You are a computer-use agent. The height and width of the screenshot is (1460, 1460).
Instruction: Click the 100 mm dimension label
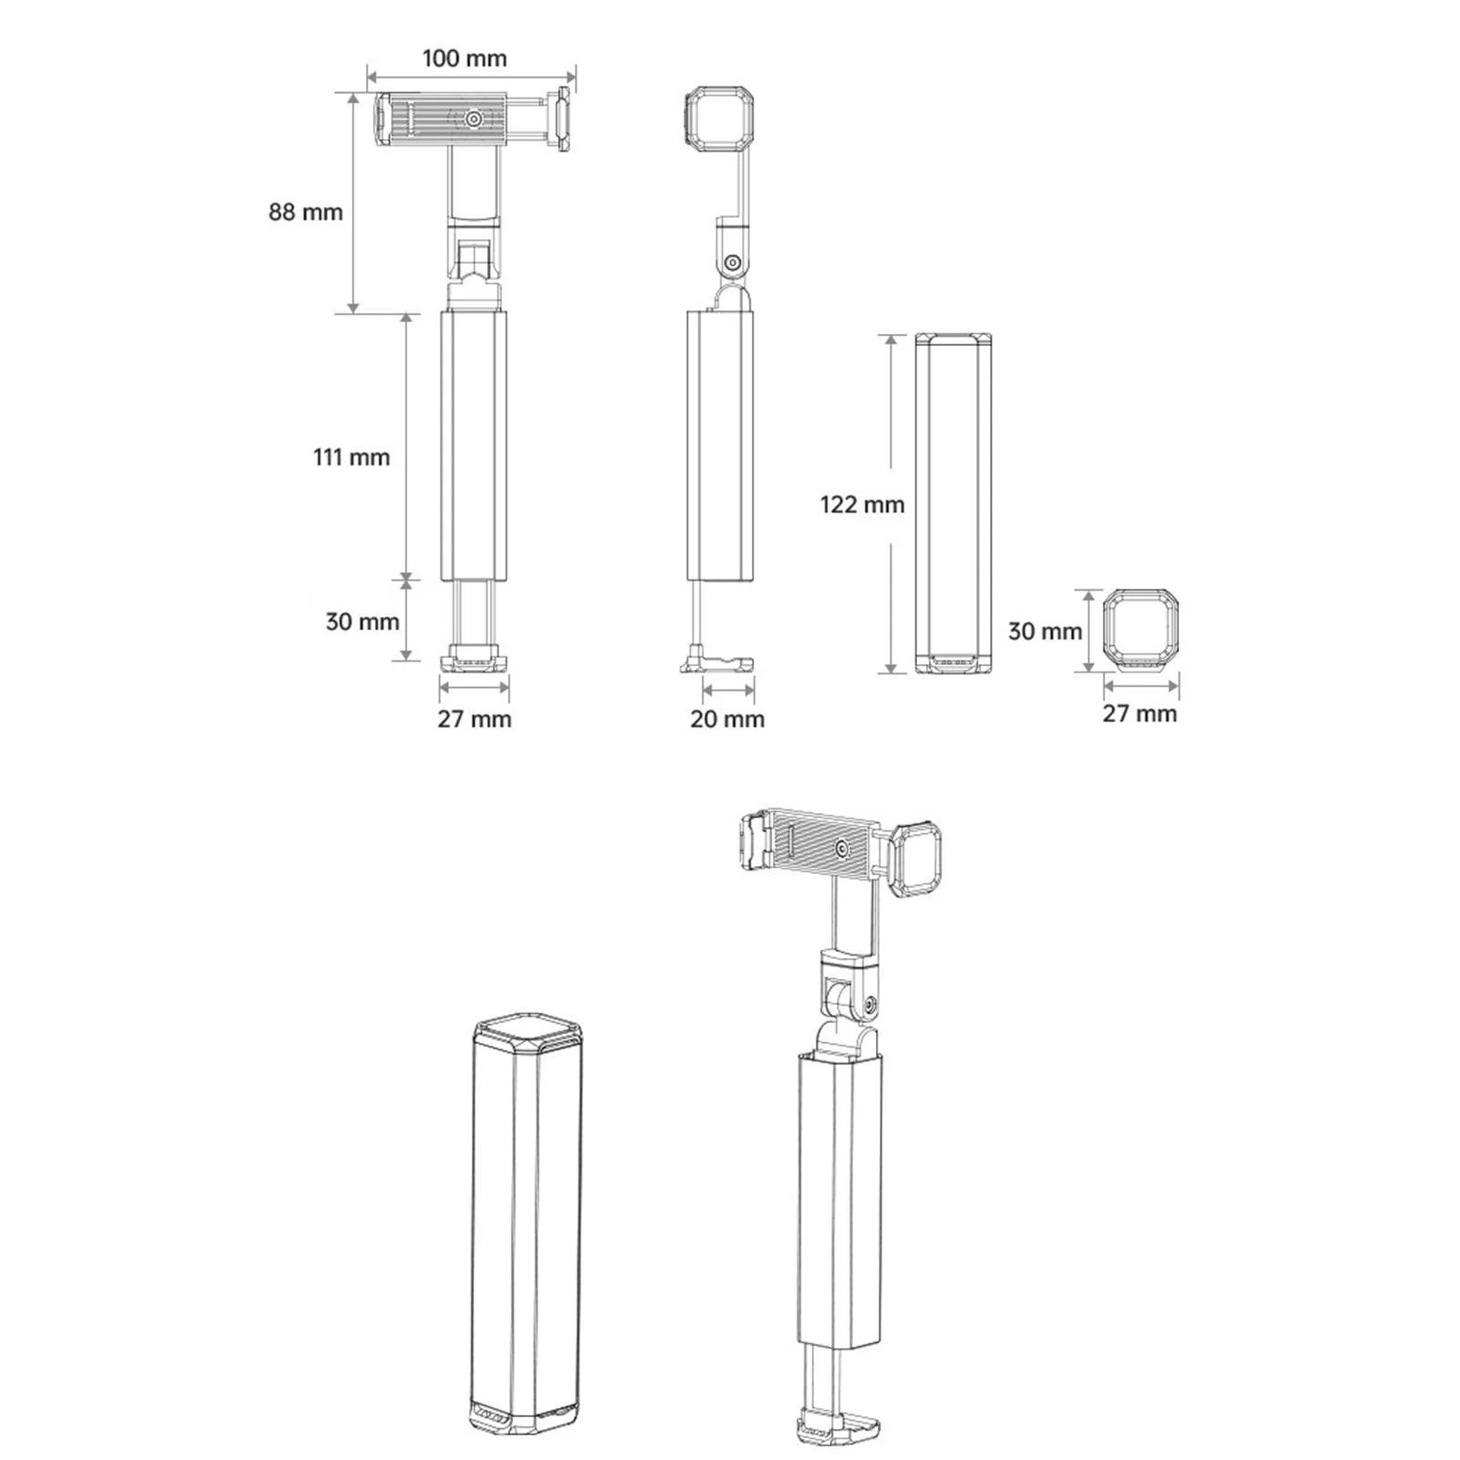coord(464,59)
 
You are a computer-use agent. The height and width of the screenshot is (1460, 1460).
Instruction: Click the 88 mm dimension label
coord(306,212)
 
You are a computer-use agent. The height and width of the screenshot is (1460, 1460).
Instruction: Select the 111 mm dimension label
coord(351,456)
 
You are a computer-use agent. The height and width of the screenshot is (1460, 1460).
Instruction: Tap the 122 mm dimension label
coord(862,504)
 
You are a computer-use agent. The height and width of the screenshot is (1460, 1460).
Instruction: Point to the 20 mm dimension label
coord(727,719)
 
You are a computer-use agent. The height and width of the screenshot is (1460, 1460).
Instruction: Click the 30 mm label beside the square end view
coord(1045,631)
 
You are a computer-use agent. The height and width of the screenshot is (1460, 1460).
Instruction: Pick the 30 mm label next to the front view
coord(362,621)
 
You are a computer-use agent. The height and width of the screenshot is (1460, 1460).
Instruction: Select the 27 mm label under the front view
coord(474,719)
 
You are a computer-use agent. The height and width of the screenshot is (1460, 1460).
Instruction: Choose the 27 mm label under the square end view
coord(1140,713)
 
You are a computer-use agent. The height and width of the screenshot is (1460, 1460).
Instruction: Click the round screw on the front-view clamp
coord(474,119)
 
